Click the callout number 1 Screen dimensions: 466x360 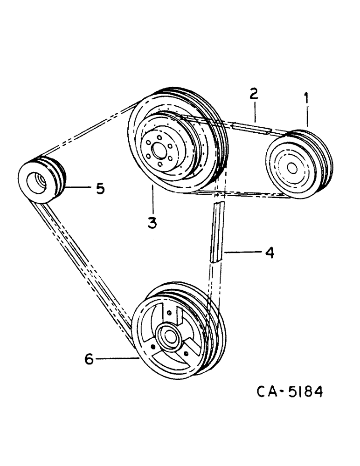coord(306,98)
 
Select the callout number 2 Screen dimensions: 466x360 coord(253,94)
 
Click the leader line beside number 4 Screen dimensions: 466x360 coord(242,252)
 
